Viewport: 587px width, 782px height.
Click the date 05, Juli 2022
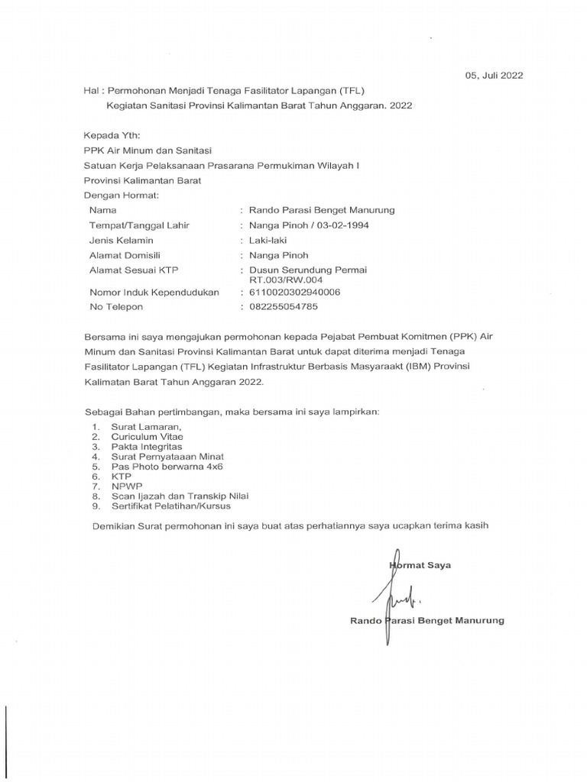click(x=494, y=75)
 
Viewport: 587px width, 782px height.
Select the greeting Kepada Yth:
click(x=107, y=134)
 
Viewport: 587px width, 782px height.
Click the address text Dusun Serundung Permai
click(x=303, y=270)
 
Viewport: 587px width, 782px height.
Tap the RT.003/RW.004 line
click(x=281, y=280)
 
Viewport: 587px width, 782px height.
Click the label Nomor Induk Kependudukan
click(x=154, y=292)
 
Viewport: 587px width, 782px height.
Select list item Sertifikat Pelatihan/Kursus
click(x=170, y=506)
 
